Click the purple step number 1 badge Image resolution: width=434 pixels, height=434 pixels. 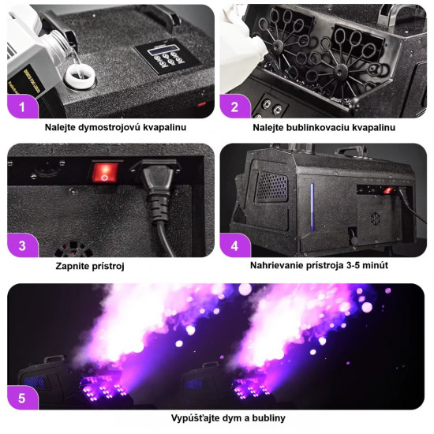click(22, 107)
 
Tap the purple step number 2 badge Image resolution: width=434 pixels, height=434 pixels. click(235, 107)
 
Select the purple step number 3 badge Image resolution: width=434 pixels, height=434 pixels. click(22, 245)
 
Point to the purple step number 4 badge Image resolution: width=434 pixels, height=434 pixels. click(235, 245)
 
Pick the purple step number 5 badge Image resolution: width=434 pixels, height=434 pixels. click(22, 398)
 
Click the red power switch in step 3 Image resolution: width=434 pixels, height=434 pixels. click(105, 173)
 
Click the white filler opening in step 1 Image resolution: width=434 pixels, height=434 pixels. click(80, 76)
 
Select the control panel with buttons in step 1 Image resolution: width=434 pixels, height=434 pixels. click(167, 56)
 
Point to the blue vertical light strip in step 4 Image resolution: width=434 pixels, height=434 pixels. click(312, 207)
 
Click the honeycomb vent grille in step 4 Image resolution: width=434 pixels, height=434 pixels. click(272, 187)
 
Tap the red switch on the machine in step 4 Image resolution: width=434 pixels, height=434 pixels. click(387, 190)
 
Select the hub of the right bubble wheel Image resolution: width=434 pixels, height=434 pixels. click(341, 70)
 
